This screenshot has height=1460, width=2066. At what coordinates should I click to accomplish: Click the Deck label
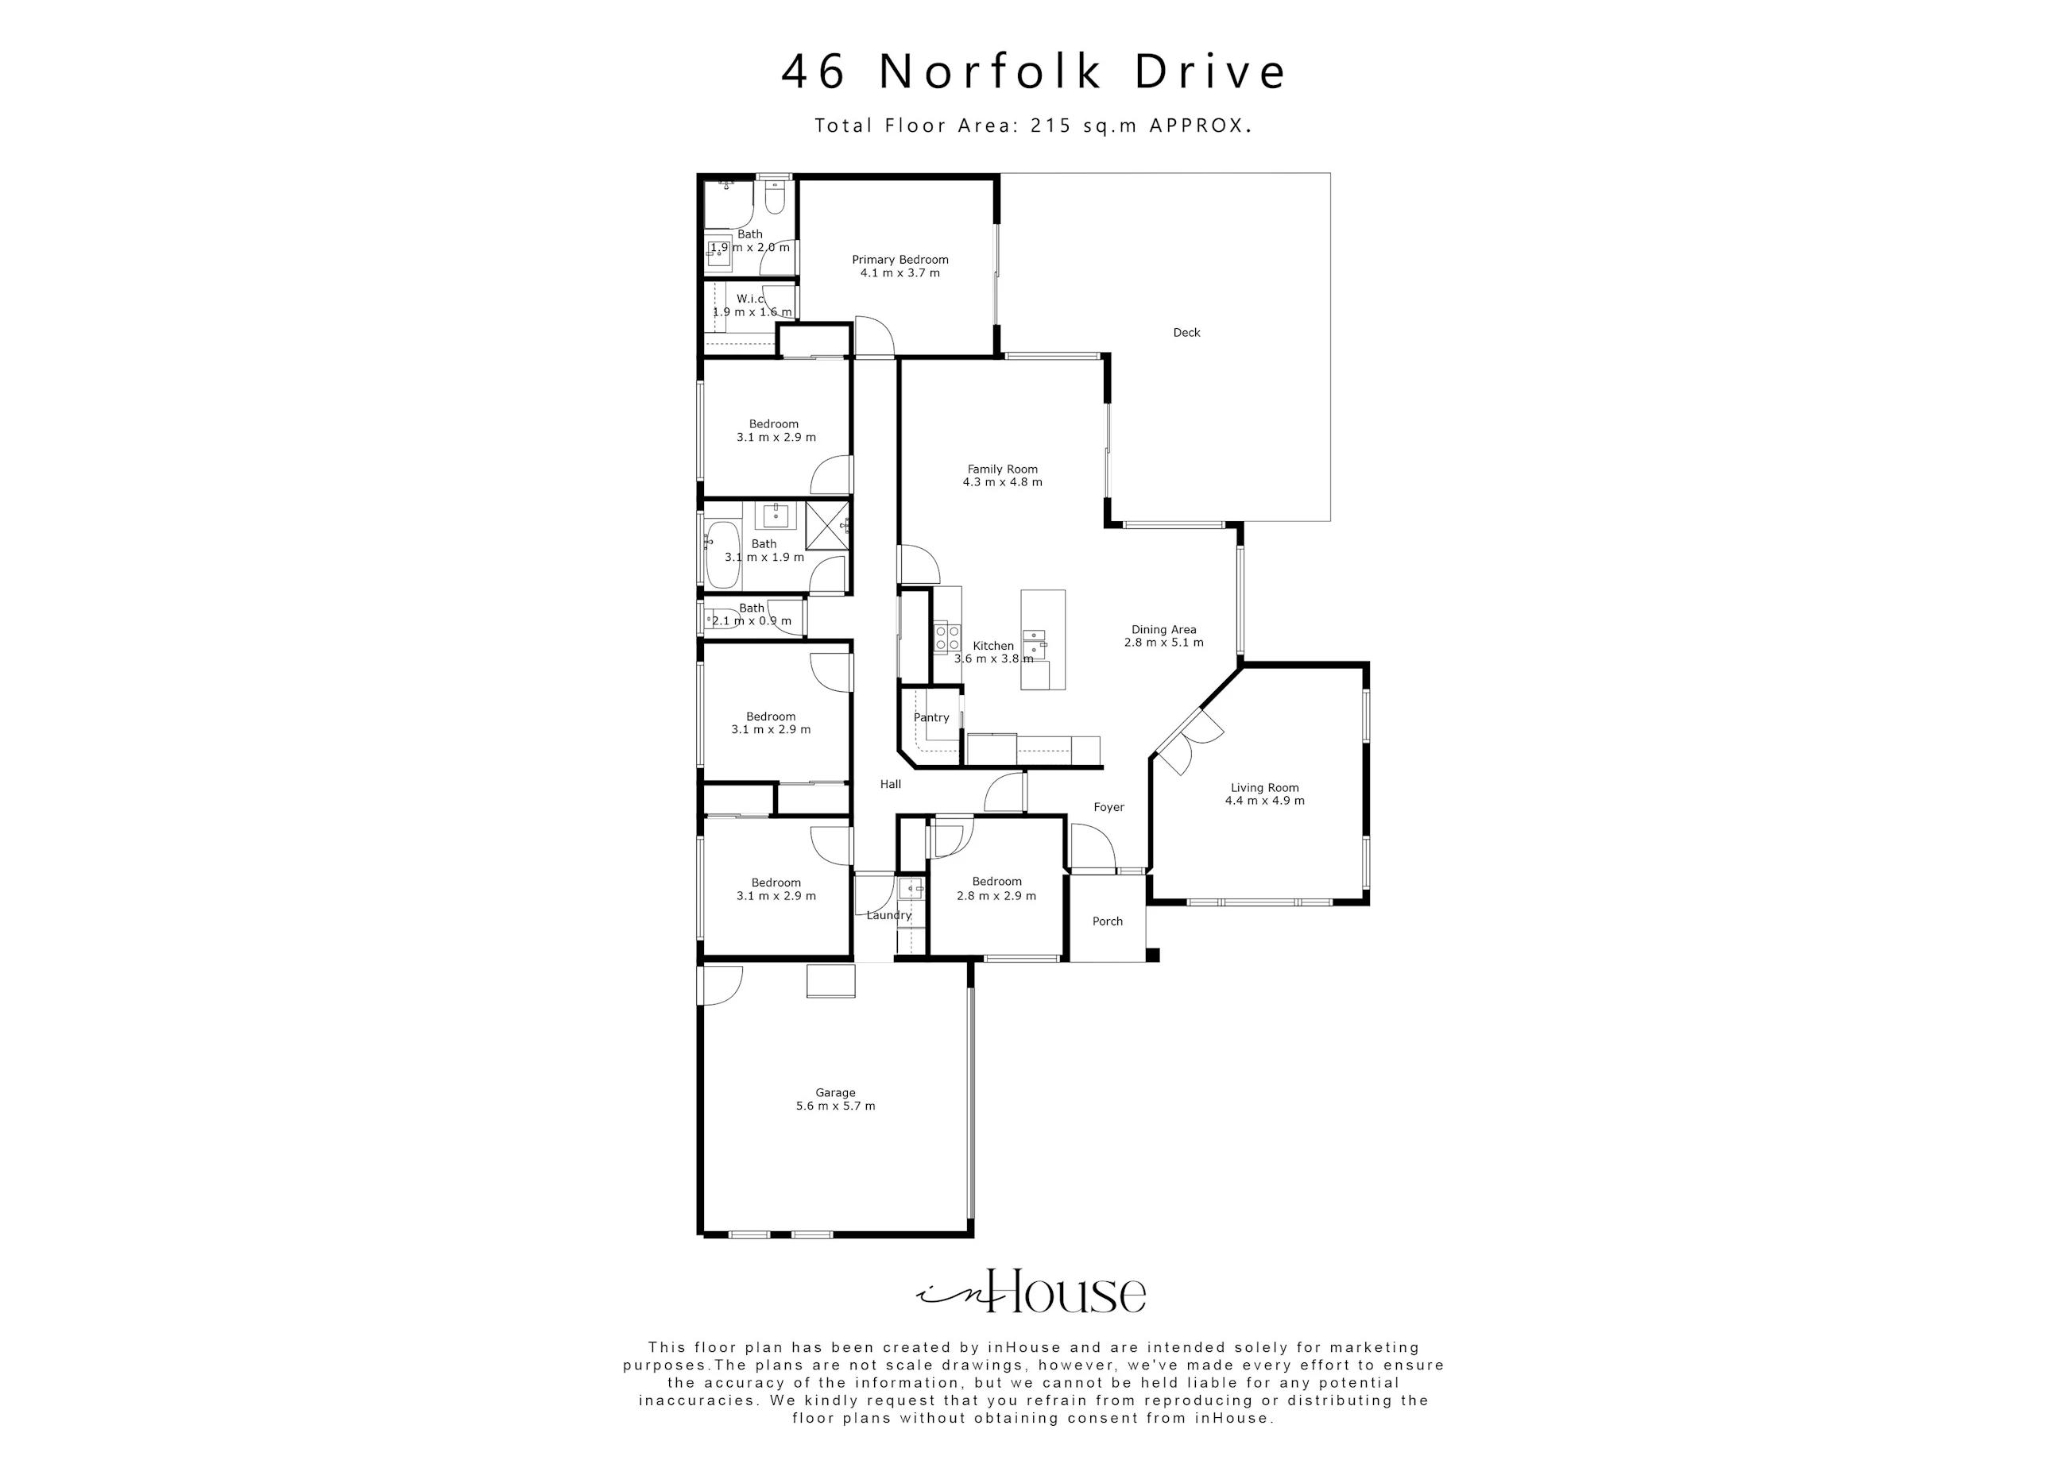click(1186, 333)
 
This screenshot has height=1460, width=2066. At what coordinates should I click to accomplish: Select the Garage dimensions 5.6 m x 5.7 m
click(835, 1106)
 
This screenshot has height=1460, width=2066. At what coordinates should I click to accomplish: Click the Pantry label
click(931, 718)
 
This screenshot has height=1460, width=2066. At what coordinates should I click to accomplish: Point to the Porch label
click(1108, 921)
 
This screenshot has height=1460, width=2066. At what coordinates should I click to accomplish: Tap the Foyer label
click(1108, 808)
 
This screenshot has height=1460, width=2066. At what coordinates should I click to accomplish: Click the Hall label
click(891, 785)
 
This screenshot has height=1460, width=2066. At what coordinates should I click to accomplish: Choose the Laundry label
click(889, 916)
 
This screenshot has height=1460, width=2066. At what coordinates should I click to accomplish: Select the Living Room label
click(1264, 788)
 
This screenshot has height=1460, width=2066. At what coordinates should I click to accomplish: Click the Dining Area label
click(1163, 630)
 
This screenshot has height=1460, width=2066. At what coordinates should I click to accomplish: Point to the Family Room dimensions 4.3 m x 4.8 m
click(1002, 482)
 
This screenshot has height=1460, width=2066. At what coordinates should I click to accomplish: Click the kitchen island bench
click(1043, 639)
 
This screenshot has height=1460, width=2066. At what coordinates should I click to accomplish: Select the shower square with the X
click(827, 525)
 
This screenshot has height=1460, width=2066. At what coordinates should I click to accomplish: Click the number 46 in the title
click(814, 72)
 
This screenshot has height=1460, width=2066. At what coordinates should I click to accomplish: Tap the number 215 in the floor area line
click(1052, 126)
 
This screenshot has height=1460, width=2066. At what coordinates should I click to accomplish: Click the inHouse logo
click(1031, 1292)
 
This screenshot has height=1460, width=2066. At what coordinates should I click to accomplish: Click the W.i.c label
click(750, 299)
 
